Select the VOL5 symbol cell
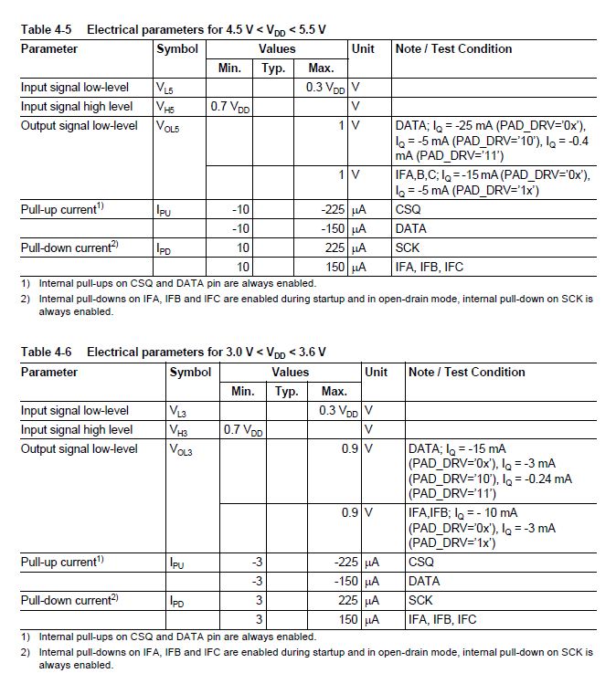[x=169, y=126]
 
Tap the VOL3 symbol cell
[x=181, y=449]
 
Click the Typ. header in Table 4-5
[x=274, y=68]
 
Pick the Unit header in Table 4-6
[x=376, y=372]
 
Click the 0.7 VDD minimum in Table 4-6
[x=243, y=430]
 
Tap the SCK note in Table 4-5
[x=408, y=247]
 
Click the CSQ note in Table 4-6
[x=421, y=563]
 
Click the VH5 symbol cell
[x=167, y=107]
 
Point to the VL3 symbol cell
[x=179, y=411]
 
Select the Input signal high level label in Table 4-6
[x=77, y=430]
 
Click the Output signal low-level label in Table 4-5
[x=80, y=125]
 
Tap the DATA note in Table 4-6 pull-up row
[x=424, y=582]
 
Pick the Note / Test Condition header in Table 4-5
[x=453, y=48]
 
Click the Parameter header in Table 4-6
[x=49, y=372]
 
